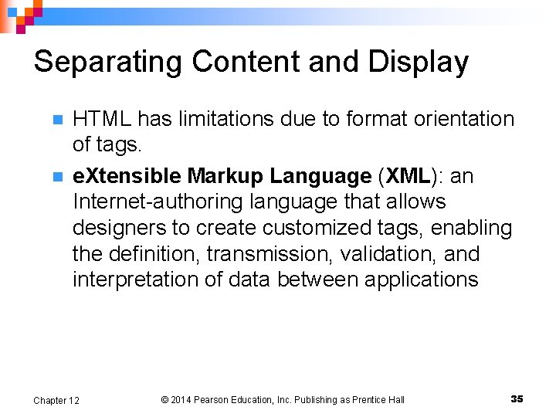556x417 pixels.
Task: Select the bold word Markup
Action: [x=225, y=176]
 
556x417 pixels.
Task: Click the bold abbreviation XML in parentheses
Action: [x=408, y=176]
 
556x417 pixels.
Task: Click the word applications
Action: [x=417, y=280]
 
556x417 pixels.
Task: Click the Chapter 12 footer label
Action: [x=56, y=400]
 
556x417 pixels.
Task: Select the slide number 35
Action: [x=517, y=398]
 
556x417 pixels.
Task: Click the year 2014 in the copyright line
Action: [x=180, y=400]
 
